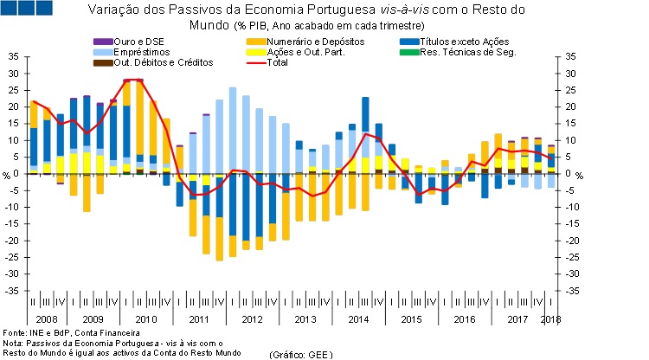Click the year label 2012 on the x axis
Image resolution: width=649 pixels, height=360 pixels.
251,320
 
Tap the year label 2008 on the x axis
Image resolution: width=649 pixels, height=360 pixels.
40,320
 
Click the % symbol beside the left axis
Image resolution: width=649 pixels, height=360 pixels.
5,176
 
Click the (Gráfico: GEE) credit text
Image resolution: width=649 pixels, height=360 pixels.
300,355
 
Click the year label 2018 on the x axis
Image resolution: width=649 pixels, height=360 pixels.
550,320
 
